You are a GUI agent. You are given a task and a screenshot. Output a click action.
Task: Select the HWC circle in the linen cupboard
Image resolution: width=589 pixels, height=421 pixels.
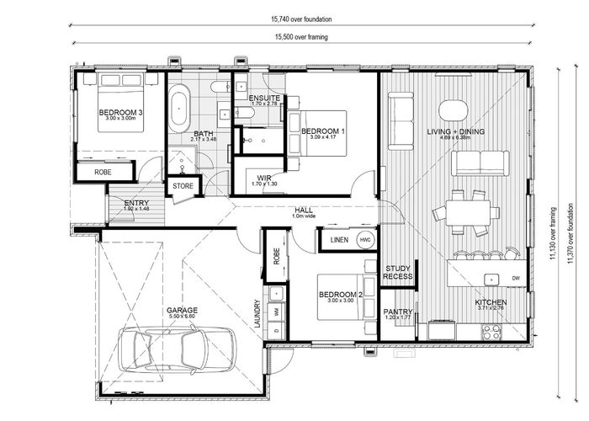click(364, 240)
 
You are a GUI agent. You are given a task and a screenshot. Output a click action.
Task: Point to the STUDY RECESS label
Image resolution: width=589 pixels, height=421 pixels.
click(398, 272)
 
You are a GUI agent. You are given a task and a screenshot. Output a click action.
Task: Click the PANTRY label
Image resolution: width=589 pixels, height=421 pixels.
click(397, 312)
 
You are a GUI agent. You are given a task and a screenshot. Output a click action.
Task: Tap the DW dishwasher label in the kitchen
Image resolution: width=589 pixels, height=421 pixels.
click(516, 278)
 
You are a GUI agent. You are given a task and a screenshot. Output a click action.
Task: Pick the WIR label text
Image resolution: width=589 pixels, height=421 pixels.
click(263, 177)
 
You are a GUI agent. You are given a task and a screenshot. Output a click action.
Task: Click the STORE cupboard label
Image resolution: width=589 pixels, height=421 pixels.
click(183, 185)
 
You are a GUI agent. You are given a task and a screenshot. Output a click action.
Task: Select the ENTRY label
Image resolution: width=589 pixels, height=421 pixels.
click(136, 203)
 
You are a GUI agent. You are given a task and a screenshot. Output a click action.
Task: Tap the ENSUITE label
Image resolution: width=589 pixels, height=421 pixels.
click(264, 98)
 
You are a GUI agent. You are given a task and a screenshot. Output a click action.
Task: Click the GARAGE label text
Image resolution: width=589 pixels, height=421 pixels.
click(181, 310)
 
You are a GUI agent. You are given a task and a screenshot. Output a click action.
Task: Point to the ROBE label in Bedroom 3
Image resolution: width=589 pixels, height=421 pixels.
click(103, 171)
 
